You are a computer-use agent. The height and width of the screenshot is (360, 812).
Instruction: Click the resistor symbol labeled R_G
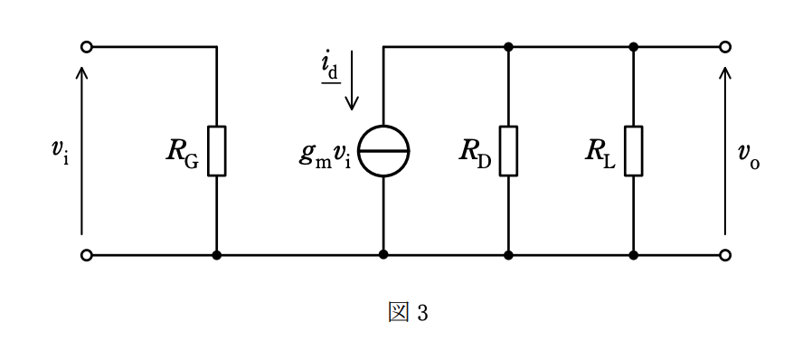[216, 151]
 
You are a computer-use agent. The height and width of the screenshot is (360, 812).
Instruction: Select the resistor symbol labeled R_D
[508, 151]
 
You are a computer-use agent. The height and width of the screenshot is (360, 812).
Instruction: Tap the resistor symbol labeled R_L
[633, 151]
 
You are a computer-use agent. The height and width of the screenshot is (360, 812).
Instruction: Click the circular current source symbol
[383, 151]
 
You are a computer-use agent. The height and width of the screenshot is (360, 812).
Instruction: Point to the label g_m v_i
[326, 156]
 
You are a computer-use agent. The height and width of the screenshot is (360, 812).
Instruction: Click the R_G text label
[183, 152]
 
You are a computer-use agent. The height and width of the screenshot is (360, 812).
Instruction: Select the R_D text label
[475, 152]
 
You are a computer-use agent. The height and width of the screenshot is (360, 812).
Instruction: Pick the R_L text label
[600, 152]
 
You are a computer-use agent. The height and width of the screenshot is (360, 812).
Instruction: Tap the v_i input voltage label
[60, 150]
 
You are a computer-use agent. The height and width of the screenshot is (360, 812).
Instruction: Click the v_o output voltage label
[749, 156]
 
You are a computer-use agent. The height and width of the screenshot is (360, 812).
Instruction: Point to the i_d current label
[330, 69]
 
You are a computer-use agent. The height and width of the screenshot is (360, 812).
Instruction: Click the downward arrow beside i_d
[352, 81]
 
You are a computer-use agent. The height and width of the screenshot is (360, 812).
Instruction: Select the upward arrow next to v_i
[81, 151]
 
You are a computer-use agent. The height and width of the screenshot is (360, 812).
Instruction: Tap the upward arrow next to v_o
[725, 151]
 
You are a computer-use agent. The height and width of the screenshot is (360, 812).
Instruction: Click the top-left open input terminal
[87, 47]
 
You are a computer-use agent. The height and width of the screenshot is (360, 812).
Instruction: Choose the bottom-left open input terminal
[87, 255]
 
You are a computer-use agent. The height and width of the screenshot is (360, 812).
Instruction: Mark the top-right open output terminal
[725, 47]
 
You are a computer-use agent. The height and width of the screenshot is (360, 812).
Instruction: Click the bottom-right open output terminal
[725, 255]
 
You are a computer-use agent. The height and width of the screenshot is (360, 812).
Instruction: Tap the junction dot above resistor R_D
[508, 47]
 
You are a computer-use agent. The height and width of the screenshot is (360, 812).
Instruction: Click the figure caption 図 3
[408, 312]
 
